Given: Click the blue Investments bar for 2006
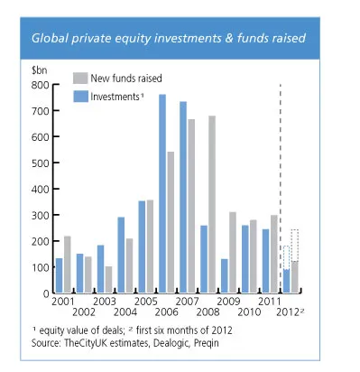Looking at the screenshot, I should (x=162, y=193).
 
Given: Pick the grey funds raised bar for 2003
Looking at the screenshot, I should (x=109, y=279).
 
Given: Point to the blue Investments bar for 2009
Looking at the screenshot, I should (x=224, y=275).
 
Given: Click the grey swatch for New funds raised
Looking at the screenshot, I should (x=78, y=79).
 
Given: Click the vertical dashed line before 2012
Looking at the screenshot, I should (x=281, y=181).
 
